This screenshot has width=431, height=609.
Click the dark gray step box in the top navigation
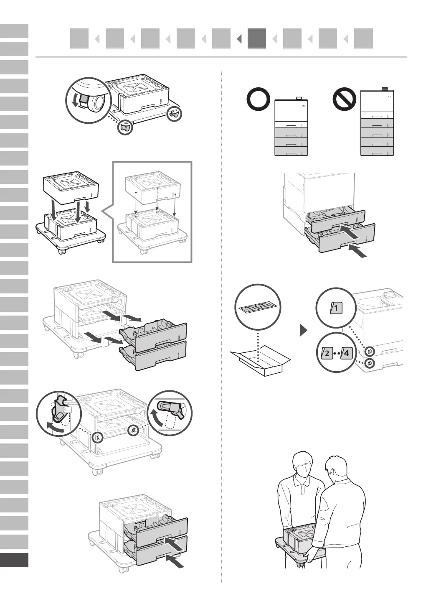pyautogui.click(x=256, y=39)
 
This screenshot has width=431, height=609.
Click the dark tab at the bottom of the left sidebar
pyautogui.click(x=14, y=560)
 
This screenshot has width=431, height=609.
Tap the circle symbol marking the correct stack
pyautogui.click(x=258, y=100)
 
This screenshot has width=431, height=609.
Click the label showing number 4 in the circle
pyautogui.click(x=347, y=353)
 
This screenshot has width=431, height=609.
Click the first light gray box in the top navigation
pyautogui.click(x=79, y=39)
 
